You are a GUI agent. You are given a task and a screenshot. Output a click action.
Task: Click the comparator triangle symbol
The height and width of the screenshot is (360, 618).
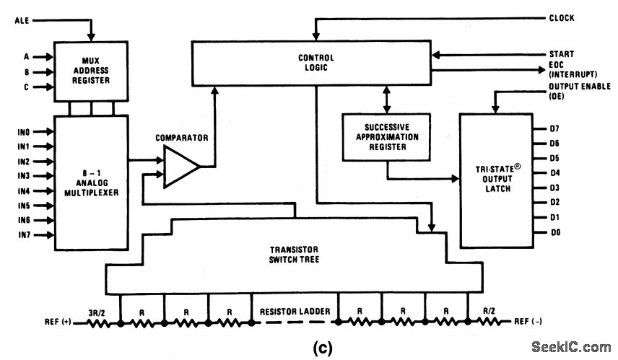tap(180, 167)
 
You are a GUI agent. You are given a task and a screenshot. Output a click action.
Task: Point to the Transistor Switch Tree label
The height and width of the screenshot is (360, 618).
tap(294, 253)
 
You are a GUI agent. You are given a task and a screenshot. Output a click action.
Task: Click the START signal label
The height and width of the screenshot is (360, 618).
tap(560, 54)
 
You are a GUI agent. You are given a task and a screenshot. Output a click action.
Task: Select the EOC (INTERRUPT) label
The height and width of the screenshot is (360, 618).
tap(568, 69)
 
